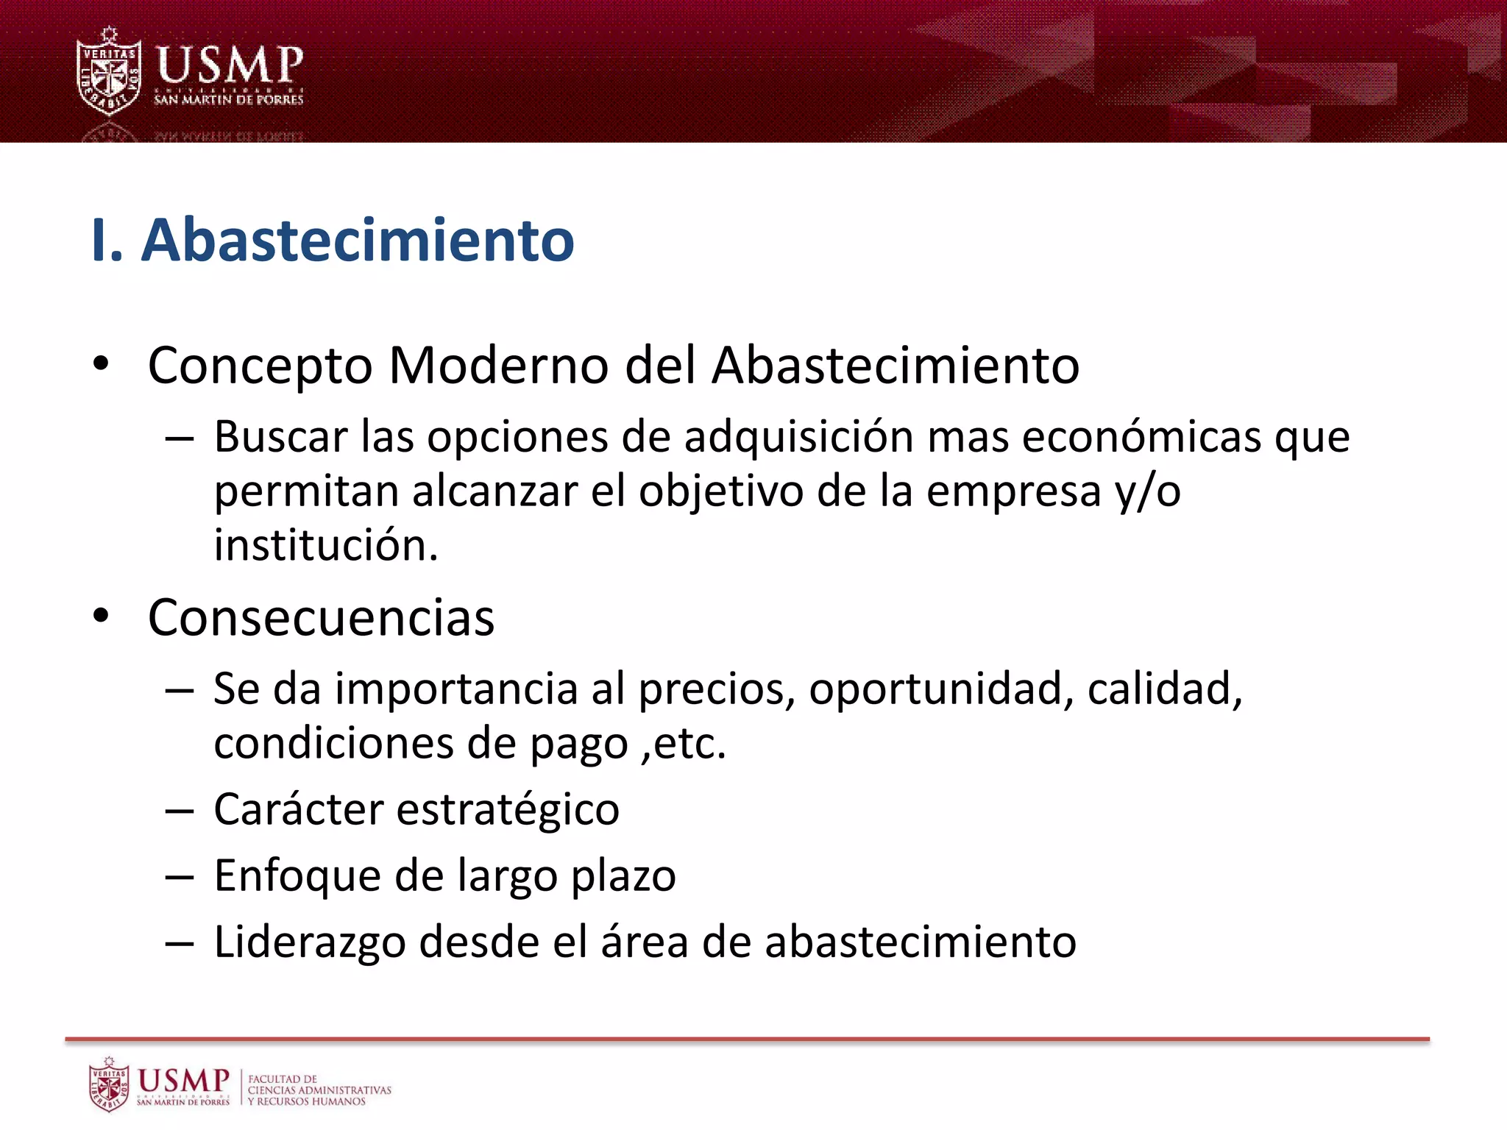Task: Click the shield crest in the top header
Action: tap(109, 72)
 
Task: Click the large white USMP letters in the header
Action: tap(230, 65)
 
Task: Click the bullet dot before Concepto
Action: tap(101, 363)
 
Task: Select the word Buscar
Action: tap(280, 437)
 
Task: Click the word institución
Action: tap(326, 546)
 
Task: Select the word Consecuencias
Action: tap(321, 617)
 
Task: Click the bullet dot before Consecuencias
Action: tap(101, 616)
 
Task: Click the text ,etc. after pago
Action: tap(684, 744)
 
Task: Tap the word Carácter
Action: tap(299, 810)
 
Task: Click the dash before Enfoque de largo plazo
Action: tap(180, 877)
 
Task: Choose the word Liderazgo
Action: tap(310, 942)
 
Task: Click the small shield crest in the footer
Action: tap(109, 1084)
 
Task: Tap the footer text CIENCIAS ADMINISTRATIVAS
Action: tap(319, 1090)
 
